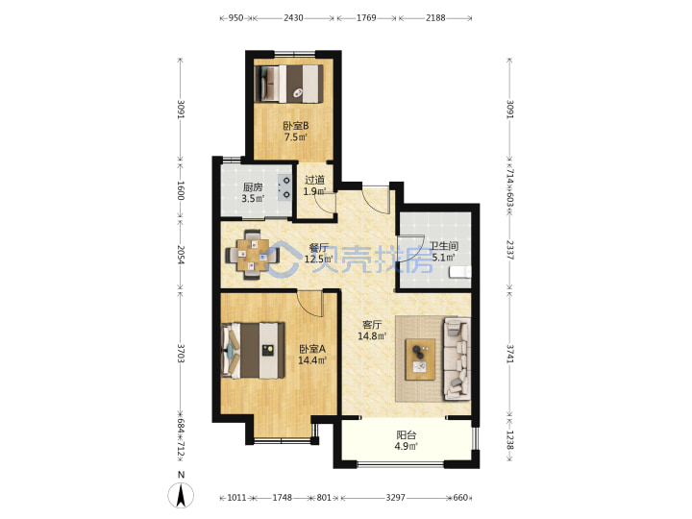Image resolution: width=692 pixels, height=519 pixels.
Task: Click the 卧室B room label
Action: pyautogui.click(x=296, y=126)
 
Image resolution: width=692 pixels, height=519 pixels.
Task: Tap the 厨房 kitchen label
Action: pyautogui.click(x=253, y=187)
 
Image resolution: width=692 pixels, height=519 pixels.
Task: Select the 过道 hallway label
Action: pyautogui.click(x=314, y=180)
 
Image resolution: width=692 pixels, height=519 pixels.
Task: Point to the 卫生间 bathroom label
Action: pyautogui.click(x=443, y=246)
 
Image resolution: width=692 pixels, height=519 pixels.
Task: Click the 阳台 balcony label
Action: pyautogui.click(x=406, y=435)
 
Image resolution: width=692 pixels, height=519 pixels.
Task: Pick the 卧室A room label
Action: pyautogui.click(x=312, y=349)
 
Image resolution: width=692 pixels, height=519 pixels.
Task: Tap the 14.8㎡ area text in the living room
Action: pyautogui.click(x=372, y=336)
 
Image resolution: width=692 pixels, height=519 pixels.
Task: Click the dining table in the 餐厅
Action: pyautogui.click(x=252, y=255)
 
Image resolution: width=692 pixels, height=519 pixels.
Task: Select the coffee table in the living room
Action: pyautogui.click(x=420, y=359)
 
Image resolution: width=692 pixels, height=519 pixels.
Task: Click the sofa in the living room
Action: pyautogui.click(x=457, y=358)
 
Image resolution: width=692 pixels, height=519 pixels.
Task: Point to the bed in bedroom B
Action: pyautogui.click(x=288, y=84)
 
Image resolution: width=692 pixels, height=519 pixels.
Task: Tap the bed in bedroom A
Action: pyautogui.click(x=253, y=351)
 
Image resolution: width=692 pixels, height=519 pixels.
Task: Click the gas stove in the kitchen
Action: pyautogui.click(x=285, y=187)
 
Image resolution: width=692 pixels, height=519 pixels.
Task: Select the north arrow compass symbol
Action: pyautogui.click(x=181, y=496)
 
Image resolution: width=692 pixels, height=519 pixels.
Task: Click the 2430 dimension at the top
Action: pyautogui.click(x=293, y=18)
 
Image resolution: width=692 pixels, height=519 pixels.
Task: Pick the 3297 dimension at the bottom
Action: pyautogui.click(x=395, y=498)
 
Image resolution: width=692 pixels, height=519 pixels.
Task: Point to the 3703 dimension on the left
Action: pyautogui.click(x=180, y=353)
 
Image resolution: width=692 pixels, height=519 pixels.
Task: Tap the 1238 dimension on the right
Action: pyautogui.click(x=509, y=440)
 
